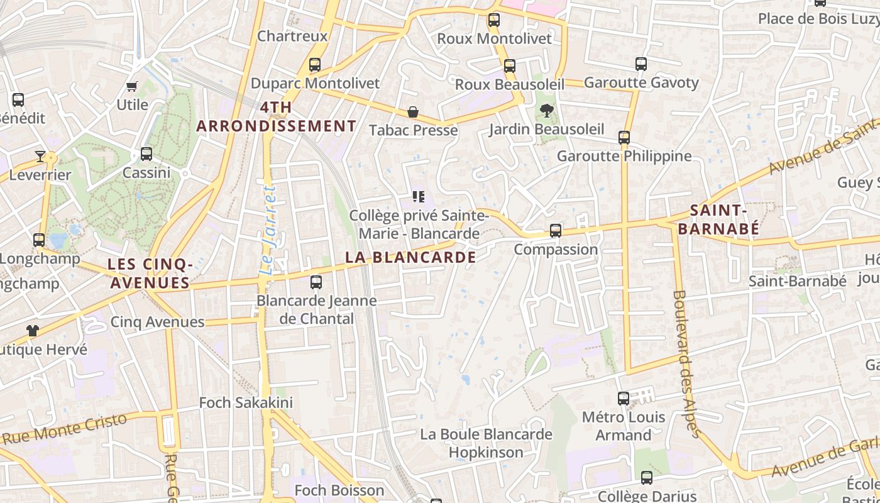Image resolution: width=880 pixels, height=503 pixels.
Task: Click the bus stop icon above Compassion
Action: tap(556, 231)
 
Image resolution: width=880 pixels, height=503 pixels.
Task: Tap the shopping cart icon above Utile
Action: tap(132, 86)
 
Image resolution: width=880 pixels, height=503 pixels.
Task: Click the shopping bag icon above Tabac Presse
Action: tap(413, 113)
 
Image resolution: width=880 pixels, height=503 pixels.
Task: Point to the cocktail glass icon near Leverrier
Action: tap(40, 156)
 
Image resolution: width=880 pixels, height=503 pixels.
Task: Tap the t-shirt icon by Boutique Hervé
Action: tap(33, 331)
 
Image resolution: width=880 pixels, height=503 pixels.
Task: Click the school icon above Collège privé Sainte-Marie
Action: tap(419, 197)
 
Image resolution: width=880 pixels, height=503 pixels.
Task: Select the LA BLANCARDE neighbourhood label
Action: tap(410, 257)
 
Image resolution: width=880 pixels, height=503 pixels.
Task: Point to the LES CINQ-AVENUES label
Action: tap(150, 274)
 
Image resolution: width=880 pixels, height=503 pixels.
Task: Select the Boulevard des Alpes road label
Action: tap(686, 363)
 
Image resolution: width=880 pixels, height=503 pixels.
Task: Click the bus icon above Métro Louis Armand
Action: tap(624, 399)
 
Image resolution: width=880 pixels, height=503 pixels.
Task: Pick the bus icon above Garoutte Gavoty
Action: tap(641, 64)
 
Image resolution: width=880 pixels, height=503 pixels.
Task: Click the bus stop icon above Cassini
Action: tap(146, 154)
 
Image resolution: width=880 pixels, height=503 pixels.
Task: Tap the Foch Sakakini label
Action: tap(246, 402)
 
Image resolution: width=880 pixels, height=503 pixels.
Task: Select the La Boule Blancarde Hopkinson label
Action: tap(486, 443)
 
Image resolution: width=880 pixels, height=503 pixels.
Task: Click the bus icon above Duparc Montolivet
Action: tap(315, 65)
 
